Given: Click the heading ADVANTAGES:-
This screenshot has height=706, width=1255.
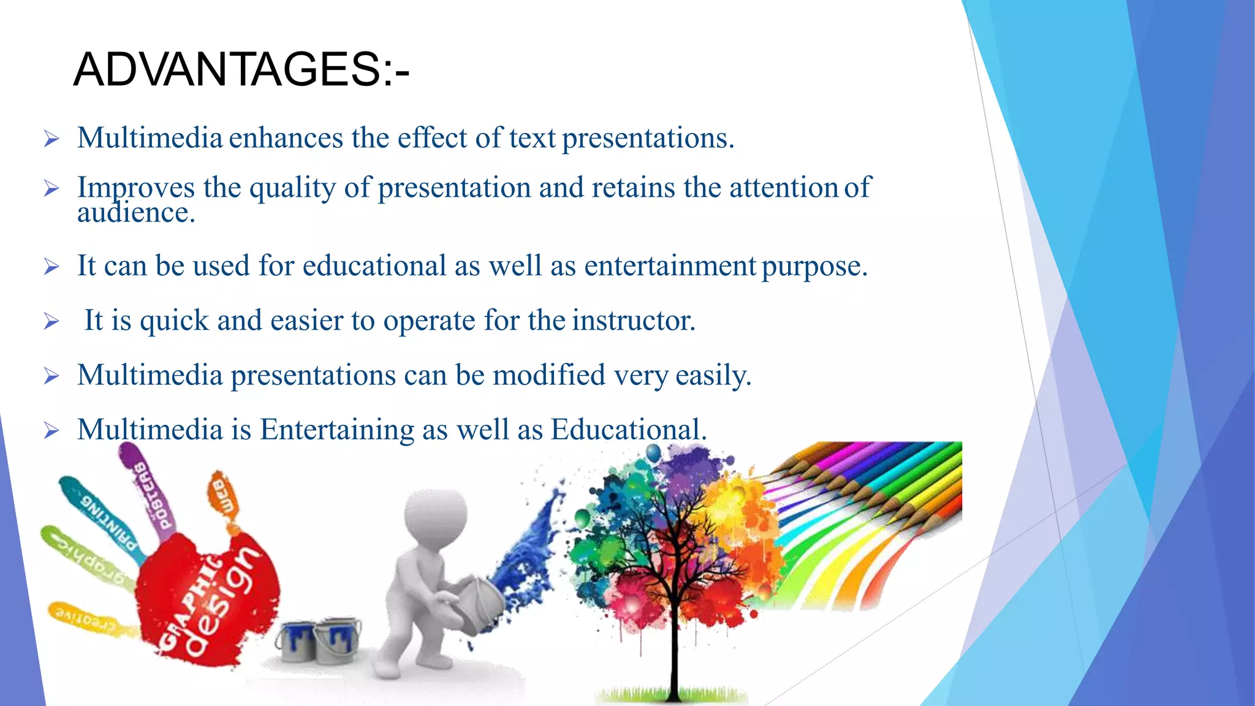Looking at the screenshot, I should [241, 69].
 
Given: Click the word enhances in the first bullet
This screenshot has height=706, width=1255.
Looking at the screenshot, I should [286, 138].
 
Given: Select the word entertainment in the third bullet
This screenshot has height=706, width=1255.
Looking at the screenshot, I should [670, 266].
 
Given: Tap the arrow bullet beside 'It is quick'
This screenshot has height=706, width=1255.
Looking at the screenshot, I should [51, 321].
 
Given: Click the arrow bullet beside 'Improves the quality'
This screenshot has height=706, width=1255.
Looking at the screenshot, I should [51, 189].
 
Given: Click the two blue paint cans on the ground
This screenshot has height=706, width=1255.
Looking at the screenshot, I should [319, 640].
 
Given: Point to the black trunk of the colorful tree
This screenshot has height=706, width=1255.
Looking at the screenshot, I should [675, 637].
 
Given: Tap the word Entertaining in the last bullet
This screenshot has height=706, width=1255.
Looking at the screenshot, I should [336, 430].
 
